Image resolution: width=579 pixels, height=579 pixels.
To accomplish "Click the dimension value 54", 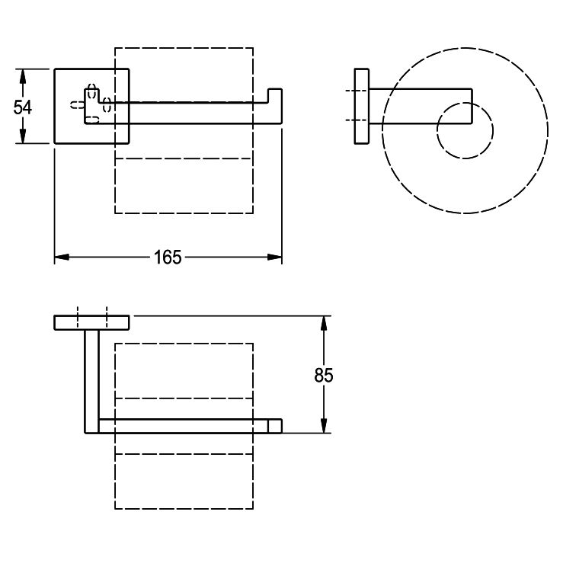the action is point(23,107).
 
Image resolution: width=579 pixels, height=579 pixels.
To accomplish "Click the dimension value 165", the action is point(168,258).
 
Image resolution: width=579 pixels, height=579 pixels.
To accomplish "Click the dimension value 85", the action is point(324,375).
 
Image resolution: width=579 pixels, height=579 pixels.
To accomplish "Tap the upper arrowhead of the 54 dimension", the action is point(23,77).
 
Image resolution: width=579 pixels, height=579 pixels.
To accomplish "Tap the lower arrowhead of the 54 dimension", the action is point(23,135).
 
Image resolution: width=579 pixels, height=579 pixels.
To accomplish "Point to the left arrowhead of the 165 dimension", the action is point(62,257).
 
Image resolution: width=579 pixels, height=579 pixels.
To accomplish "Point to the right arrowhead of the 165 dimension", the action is point(274,257).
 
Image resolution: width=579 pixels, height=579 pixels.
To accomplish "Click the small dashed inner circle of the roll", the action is point(465,131).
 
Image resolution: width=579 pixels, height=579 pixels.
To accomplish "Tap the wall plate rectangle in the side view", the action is point(362,107).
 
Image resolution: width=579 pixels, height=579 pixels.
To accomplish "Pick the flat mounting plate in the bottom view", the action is point(91,323).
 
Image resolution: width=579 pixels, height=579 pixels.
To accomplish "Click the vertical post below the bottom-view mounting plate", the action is point(92,381).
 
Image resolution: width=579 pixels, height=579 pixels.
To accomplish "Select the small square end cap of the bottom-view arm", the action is point(275,426).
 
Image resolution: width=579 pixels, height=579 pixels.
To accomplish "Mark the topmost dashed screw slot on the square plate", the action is point(92,91).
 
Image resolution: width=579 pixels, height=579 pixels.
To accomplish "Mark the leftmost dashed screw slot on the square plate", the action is point(77,105).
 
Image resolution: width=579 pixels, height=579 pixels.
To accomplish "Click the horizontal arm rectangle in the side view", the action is point(421,107).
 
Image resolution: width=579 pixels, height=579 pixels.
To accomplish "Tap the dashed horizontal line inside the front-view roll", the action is point(184,158).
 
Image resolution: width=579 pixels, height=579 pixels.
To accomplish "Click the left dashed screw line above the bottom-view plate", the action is point(78,317).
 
